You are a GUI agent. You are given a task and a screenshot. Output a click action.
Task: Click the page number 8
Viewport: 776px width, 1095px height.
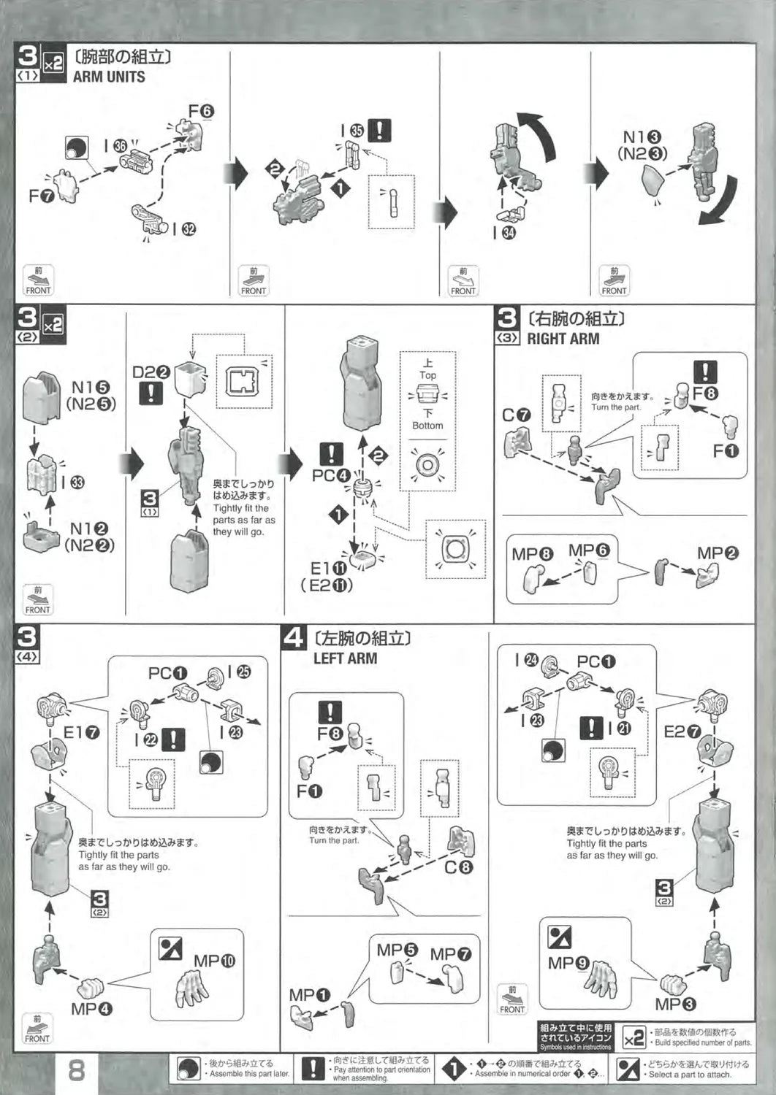[76, 1070]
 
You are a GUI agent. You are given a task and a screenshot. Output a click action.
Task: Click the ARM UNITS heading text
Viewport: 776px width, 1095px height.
[109, 77]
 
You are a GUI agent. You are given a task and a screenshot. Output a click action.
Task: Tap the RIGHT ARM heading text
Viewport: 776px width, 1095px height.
[563, 339]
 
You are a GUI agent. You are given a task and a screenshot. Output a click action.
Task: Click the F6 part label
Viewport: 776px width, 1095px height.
[201, 111]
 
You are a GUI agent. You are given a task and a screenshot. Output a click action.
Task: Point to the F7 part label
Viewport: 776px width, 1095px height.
[42, 196]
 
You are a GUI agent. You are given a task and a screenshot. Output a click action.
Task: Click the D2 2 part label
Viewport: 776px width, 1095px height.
[151, 372]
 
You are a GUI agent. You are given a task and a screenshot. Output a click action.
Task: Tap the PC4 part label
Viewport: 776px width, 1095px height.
[331, 475]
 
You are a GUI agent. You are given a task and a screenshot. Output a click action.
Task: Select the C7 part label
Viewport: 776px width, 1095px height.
[516, 415]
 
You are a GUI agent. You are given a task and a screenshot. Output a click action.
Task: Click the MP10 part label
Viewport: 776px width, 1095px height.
[214, 961]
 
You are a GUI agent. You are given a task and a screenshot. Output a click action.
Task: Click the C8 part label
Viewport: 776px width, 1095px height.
[459, 868]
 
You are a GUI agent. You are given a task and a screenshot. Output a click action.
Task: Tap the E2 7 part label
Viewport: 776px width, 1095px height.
[682, 731]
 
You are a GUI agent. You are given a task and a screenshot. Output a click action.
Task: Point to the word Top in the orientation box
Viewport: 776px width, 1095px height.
[427, 375]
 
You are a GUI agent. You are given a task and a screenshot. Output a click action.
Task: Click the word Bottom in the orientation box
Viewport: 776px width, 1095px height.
[427, 426]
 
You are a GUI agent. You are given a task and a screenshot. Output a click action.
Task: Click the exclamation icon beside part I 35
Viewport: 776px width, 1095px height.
[379, 131]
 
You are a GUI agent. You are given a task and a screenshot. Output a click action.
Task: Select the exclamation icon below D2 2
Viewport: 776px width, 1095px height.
[151, 394]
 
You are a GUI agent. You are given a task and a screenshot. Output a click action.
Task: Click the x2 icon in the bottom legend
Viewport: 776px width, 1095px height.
[634, 1037]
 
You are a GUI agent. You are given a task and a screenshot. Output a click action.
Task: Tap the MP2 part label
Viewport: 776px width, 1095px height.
[717, 553]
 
